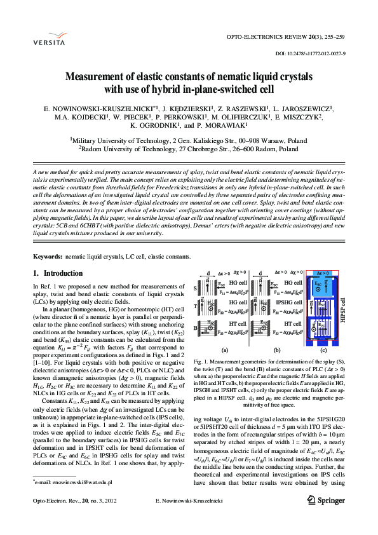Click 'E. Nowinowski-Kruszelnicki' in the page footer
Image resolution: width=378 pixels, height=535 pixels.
189,519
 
